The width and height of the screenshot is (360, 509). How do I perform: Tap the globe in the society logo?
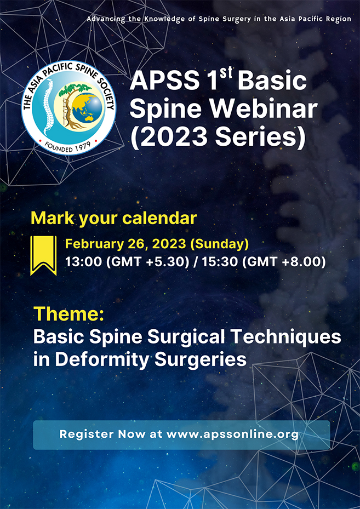pyautogui.click(x=87, y=107)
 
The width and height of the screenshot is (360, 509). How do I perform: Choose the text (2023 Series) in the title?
pyautogui.click(x=218, y=138)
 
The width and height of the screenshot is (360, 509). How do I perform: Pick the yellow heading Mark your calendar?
pyautogui.click(x=113, y=218)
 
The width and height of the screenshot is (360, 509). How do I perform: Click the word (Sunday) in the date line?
pyautogui.click(x=221, y=243)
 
